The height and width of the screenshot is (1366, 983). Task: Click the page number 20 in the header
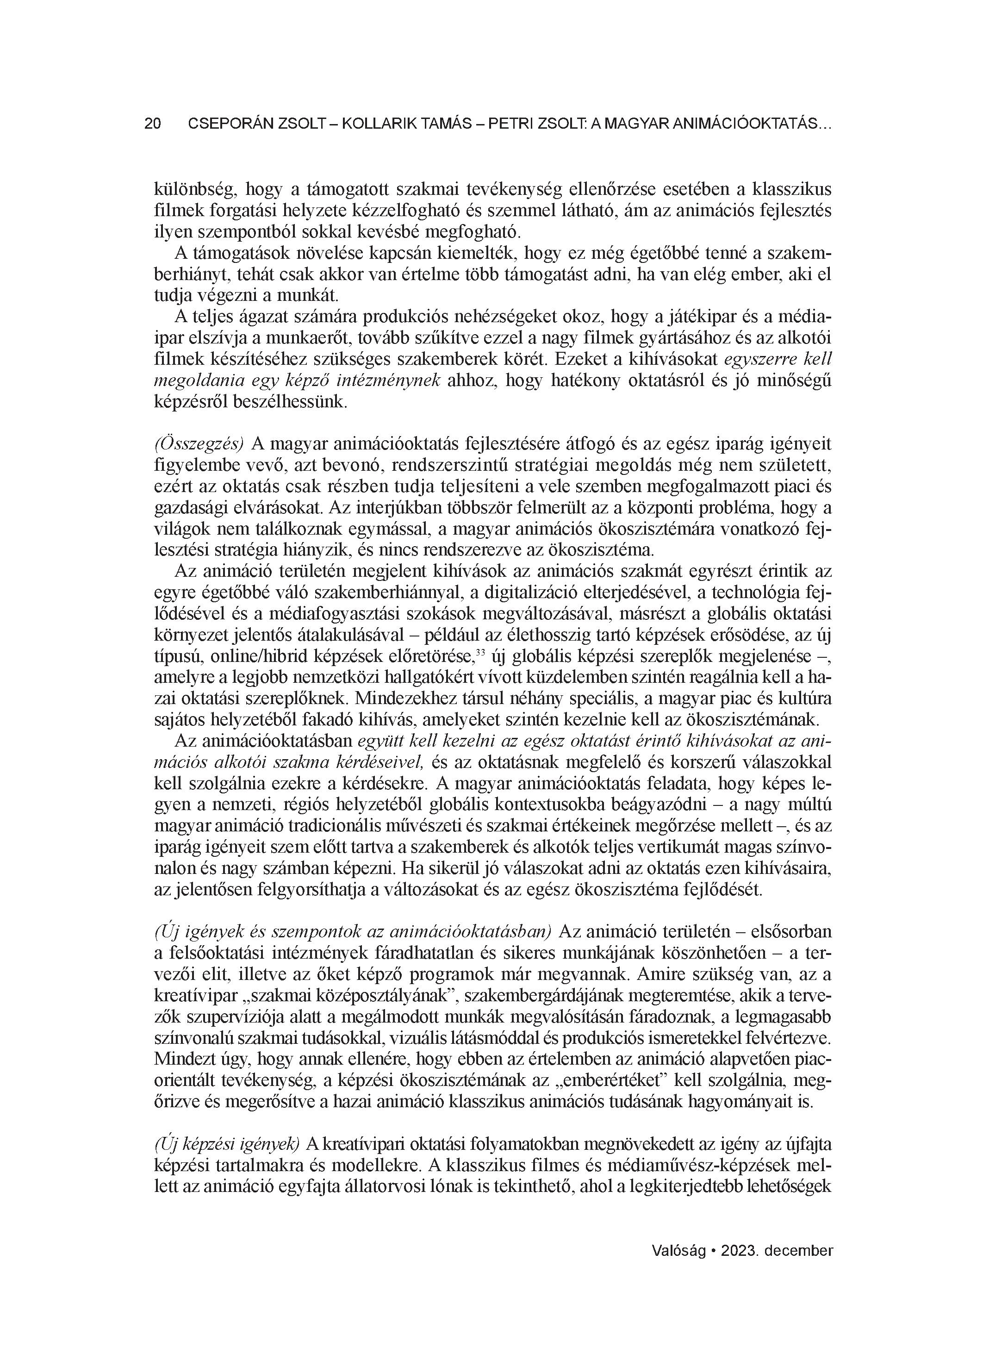point(152,124)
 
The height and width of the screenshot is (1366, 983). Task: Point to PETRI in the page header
point(509,124)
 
